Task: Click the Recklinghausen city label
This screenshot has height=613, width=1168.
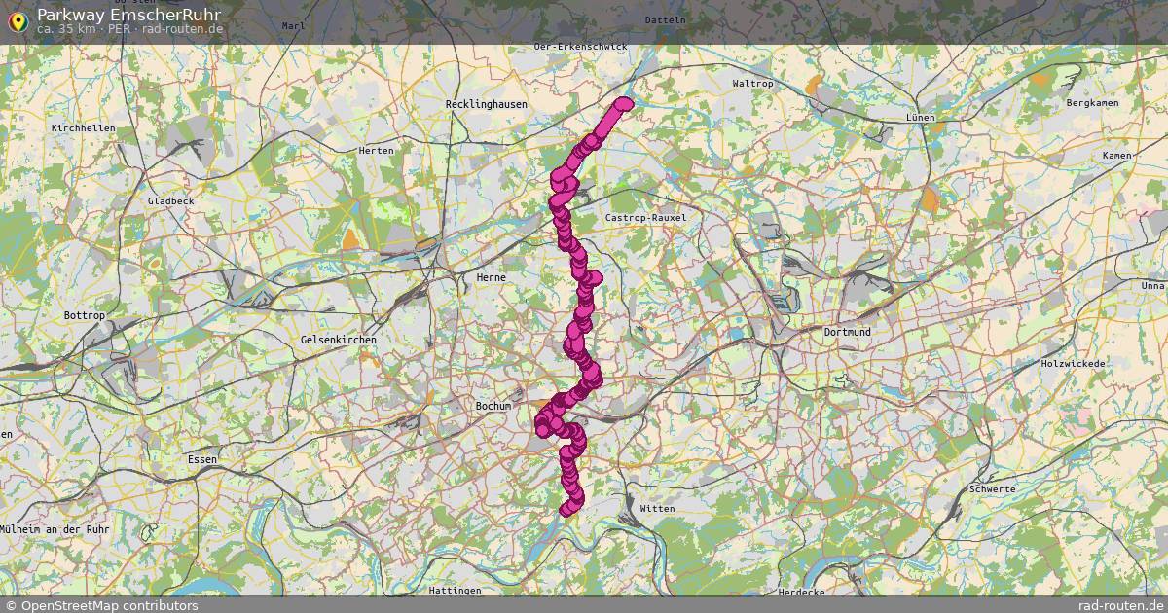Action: click(x=486, y=104)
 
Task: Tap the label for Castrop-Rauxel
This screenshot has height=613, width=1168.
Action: click(x=645, y=218)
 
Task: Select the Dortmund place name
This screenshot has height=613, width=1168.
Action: click(x=847, y=332)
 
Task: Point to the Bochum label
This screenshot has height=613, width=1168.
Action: click(x=493, y=406)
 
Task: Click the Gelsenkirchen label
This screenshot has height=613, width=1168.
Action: click(x=339, y=340)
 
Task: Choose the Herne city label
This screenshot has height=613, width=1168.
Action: click(x=491, y=277)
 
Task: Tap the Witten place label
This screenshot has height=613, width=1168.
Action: click(x=657, y=509)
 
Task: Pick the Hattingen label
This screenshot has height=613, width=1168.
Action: click(x=455, y=591)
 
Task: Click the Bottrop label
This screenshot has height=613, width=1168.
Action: click(x=84, y=316)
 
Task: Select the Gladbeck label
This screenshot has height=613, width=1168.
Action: click(x=170, y=200)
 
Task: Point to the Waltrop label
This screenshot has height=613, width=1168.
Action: click(x=751, y=84)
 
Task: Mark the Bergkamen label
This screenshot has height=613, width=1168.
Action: click(x=1092, y=102)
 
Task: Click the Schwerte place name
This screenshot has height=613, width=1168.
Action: click(x=993, y=489)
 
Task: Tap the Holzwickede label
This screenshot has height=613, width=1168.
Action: click(x=1073, y=364)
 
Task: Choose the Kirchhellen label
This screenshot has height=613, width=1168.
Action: click(x=84, y=128)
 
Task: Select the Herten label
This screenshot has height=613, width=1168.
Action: click(x=377, y=151)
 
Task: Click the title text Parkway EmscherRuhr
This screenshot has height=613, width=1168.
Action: click(x=128, y=15)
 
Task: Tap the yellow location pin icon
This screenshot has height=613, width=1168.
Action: click(x=17, y=20)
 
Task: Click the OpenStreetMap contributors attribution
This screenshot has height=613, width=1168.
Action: click(x=100, y=605)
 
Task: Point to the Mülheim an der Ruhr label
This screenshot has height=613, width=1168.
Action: click(x=55, y=528)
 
